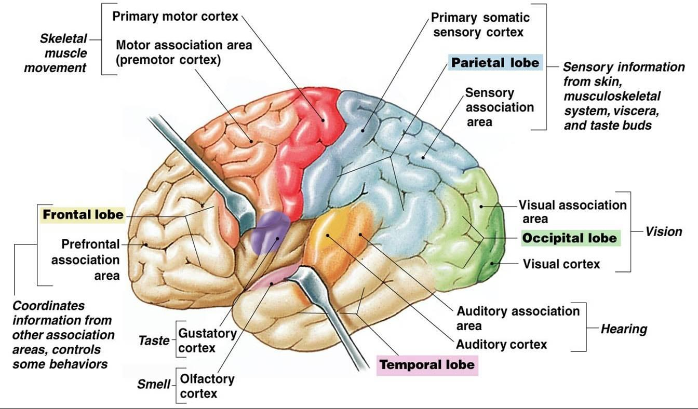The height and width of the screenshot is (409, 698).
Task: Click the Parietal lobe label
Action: (x=495, y=63)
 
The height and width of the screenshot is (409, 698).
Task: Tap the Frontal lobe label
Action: (x=83, y=214)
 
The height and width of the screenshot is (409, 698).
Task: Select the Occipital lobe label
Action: (x=570, y=238)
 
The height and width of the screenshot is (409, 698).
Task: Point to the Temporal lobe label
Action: (x=427, y=364)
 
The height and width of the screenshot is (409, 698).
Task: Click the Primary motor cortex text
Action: (x=176, y=17)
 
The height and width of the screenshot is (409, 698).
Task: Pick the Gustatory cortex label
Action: (x=207, y=340)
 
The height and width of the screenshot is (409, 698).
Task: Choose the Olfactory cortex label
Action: (x=207, y=386)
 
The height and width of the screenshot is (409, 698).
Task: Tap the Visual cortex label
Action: (x=561, y=264)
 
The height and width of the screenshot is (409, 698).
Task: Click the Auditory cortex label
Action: (x=501, y=344)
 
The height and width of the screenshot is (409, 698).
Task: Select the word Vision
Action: (x=664, y=231)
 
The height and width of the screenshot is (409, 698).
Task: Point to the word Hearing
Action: (x=624, y=329)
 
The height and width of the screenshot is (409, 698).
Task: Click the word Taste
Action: (x=154, y=341)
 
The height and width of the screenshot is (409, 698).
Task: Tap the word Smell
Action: (x=154, y=385)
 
